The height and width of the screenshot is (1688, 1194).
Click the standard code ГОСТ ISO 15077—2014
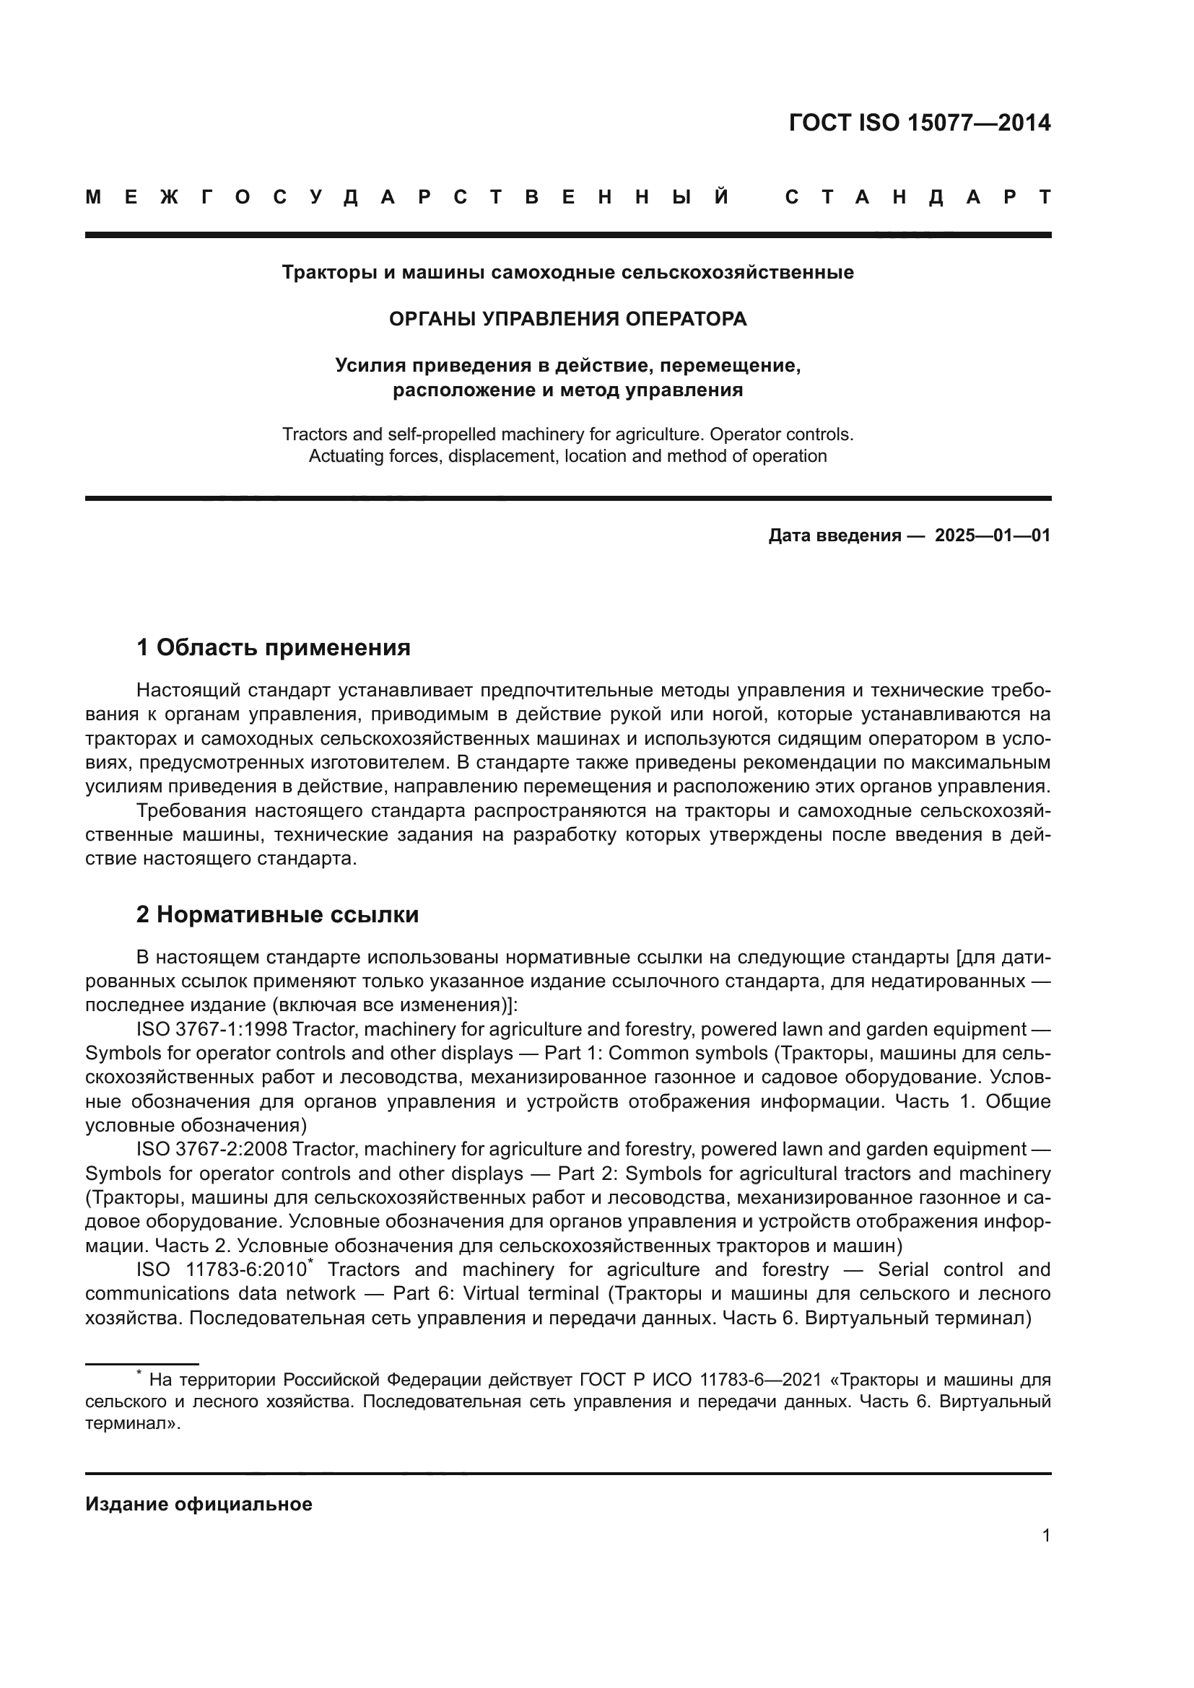[919, 122]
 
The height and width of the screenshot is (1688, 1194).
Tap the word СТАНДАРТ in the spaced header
[918, 198]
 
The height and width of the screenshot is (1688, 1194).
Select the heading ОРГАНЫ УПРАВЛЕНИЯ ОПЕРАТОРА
[567, 319]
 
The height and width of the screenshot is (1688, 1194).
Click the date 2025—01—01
[993, 535]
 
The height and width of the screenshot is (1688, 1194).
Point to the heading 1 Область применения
[274, 647]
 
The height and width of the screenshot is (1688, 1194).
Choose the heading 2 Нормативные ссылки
[277, 914]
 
